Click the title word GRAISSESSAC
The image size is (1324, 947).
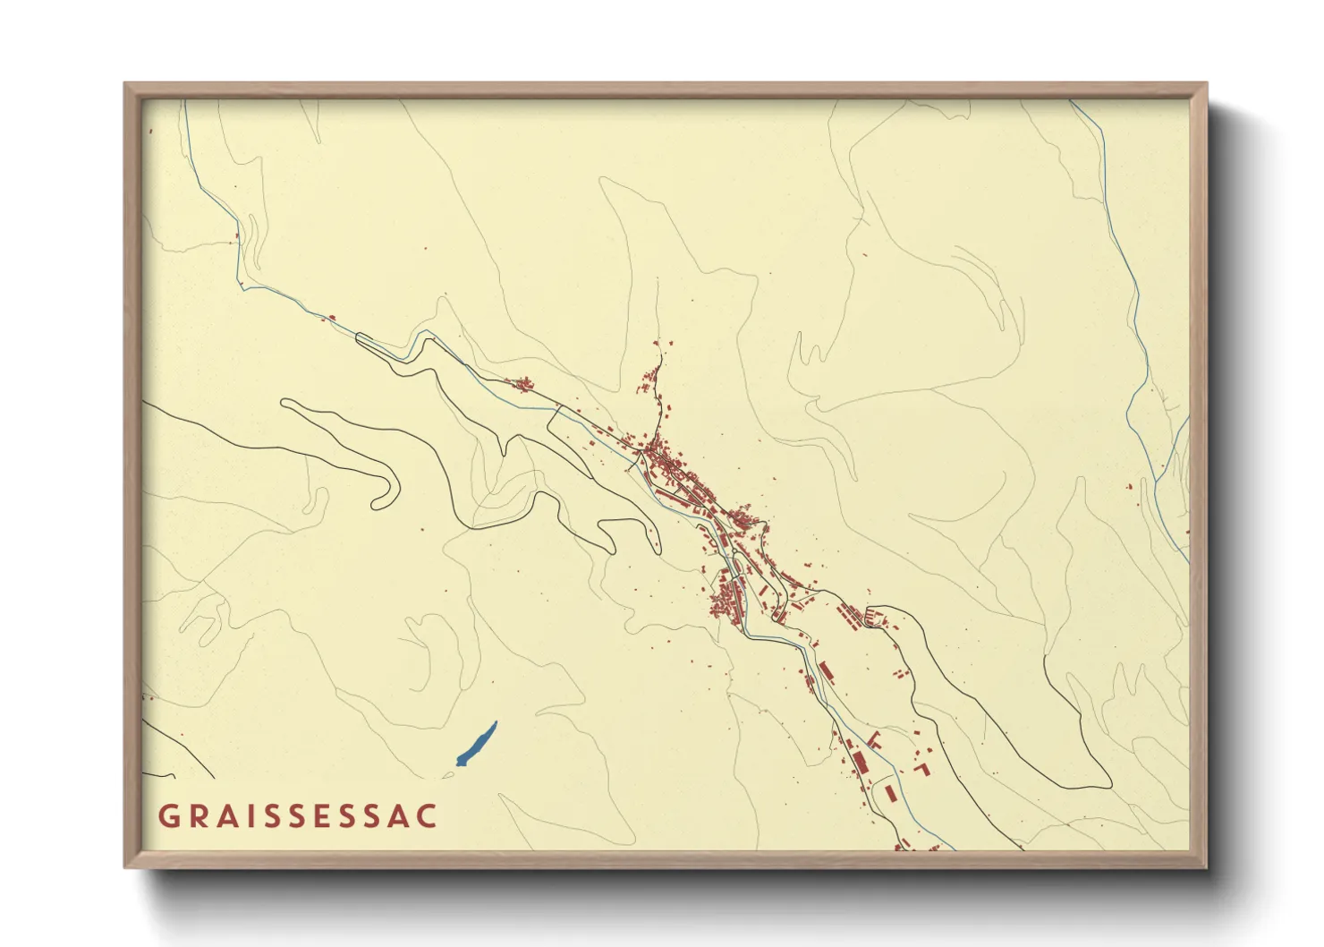(x=298, y=816)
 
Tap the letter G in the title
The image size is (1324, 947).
(x=167, y=816)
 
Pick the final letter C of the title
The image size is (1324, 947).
(x=429, y=816)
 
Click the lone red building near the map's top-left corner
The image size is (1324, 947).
(x=150, y=132)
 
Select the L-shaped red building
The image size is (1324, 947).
(x=922, y=768)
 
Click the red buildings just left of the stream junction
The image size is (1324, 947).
(x=1130, y=486)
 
